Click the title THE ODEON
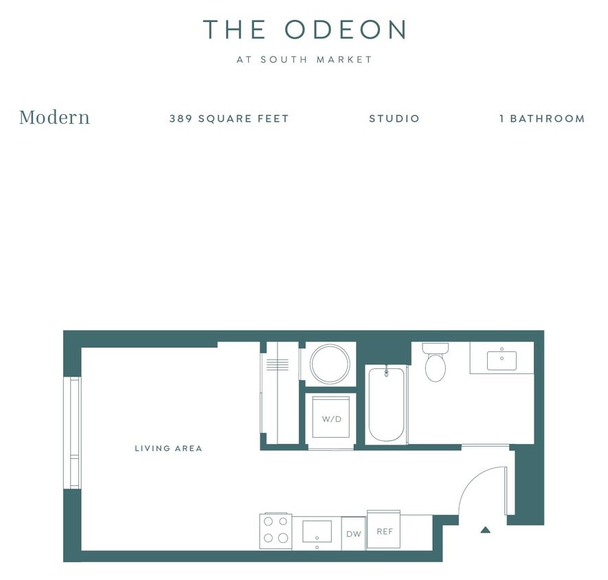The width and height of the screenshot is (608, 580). [304, 30]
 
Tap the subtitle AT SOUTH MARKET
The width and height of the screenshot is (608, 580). [304, 60]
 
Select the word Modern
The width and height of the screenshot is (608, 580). [54, 118]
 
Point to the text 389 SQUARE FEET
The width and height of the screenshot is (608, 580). [229, 118]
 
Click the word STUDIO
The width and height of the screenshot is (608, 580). [394, 118]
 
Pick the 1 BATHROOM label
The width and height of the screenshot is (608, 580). [541, 118]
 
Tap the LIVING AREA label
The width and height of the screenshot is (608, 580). [168, 449]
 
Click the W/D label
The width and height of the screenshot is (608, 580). [330, 419]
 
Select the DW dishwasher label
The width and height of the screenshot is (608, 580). [353, 534]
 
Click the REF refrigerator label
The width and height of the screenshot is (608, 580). [383, 531]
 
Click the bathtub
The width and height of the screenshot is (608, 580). [385, 405]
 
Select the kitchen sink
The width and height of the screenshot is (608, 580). [317, 531]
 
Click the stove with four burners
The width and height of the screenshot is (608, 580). [275, 531]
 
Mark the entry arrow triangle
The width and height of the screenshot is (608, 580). [485, 529]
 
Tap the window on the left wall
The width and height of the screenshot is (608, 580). [72, 433]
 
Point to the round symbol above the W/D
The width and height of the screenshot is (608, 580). [330, 364]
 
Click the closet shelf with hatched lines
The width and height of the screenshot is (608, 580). [278, 364]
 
